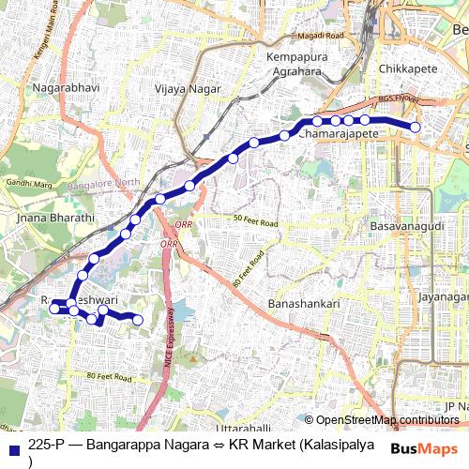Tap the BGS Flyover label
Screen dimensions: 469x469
click(401, 98)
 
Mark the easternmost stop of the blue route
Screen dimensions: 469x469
click(416, 128)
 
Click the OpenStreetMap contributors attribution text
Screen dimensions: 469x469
click(387, 420)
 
